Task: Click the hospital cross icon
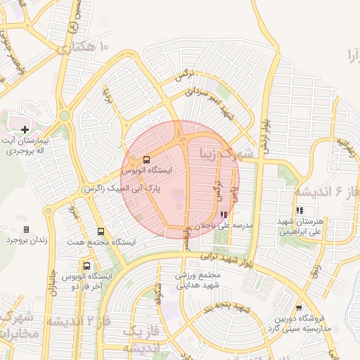pyautogui.click(x=25, y=129)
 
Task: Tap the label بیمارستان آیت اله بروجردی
pyautogui.click(x=26, y=146)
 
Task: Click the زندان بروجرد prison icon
pyautogui.click(x=26, y=229)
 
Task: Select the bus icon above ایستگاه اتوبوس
pyautogui.click(x=146, y=160)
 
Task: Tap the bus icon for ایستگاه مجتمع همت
pyautogui.click(x=101, y=231)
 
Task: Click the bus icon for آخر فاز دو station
pyautogui.click(x=86, y=266)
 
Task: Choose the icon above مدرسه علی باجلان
pyautogui.click(x=224, y=215)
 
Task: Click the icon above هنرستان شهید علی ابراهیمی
pyautogui.click(x=300, y=210)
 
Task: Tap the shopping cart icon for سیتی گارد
pyautogui.click(x=299, y=307)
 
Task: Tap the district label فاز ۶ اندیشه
pyautogui.click(x=326, y=191)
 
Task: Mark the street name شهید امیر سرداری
pyautogui.click(x=208, y=101)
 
